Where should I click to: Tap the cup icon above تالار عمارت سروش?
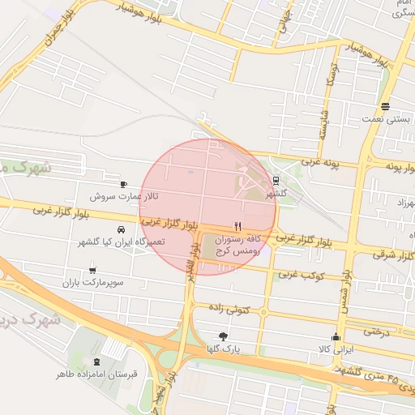[x=123, y=185]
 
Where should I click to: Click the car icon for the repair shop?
[x=121, y=229]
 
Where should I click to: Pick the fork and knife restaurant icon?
[x=237, y=226]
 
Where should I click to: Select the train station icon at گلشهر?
[x=276, y=181]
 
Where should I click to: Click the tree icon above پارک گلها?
[x=223, y=336]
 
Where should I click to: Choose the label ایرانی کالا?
[x=334, y=349]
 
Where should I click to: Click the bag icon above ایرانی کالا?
[x=336, y=337]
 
